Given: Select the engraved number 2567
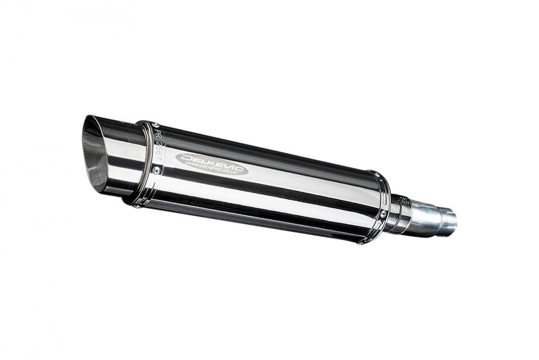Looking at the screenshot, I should [x=159, y=149].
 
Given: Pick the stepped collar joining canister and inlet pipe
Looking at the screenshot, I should [x=400, y=215].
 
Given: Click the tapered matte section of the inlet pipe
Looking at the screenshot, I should [x=428, y=219].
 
